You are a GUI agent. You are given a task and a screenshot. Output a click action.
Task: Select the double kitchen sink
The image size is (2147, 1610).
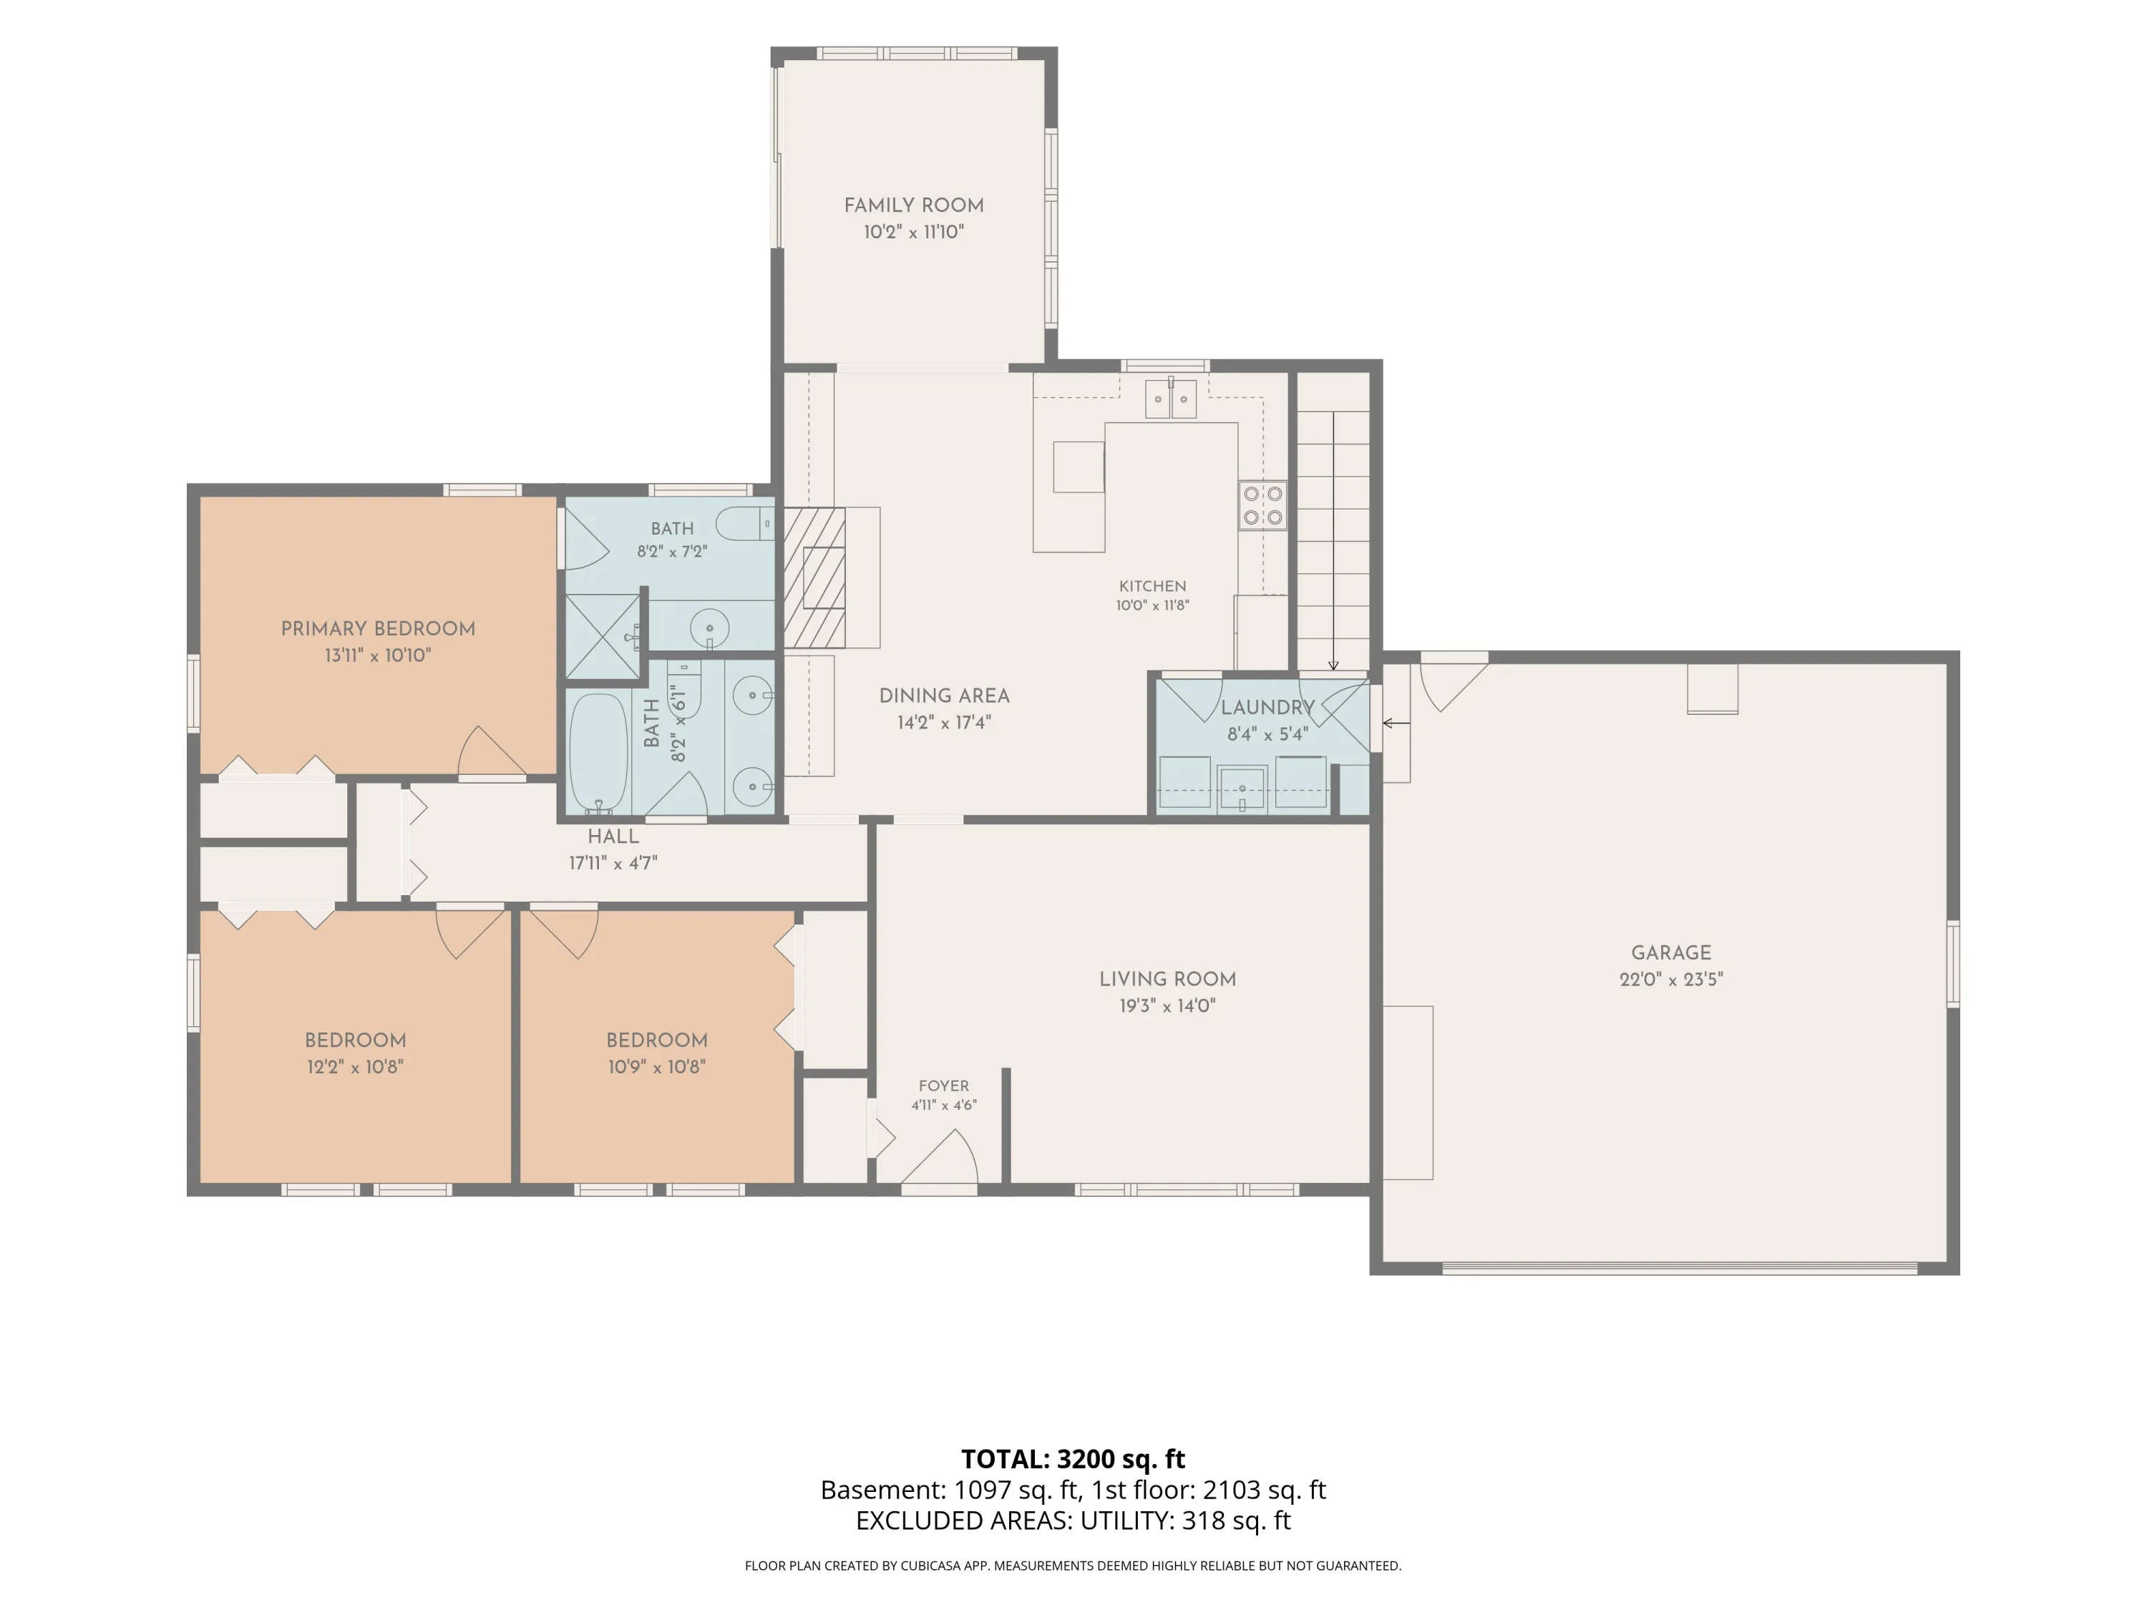pos(1171,399)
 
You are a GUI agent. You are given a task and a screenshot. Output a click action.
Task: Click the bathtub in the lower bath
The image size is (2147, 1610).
pos(598,752)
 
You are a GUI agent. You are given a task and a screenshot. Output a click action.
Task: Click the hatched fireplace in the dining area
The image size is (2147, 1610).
pos(814,577)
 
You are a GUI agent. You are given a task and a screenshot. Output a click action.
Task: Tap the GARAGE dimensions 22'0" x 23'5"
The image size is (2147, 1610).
pos(1670,979)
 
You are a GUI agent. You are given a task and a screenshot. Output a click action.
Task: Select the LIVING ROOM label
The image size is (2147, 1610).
pos(1168,979)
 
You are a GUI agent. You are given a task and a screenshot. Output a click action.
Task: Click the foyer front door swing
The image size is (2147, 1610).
pos(940,1158)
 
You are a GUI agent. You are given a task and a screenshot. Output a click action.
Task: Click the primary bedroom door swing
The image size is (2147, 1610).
pos(492,752)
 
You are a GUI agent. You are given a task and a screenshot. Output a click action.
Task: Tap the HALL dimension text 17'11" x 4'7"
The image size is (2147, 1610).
pos(613,863)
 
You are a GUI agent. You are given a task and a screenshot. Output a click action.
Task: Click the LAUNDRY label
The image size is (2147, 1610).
pos(1267,708)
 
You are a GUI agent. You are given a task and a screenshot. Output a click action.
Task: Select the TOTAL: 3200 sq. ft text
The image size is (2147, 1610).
pos(1073,1458)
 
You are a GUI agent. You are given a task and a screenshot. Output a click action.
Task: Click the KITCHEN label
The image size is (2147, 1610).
pos(1152,586)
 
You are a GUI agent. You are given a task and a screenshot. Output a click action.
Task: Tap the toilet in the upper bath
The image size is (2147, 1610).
pos(746,524)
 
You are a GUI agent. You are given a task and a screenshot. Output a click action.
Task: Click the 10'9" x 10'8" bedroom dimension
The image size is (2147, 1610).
pos(657,1067)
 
